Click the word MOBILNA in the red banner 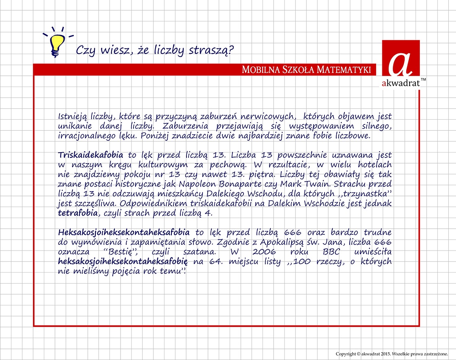[259, 70]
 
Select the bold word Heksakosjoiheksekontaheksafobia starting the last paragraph [124, 233]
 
